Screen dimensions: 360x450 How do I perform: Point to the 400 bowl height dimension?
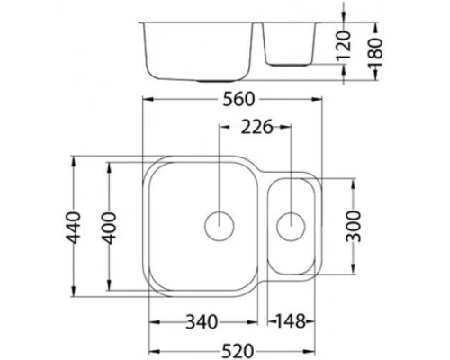pyautogui.click(x=111, y=227)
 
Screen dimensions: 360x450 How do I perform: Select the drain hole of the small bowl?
pyautogui.click(x=291, y=225)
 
